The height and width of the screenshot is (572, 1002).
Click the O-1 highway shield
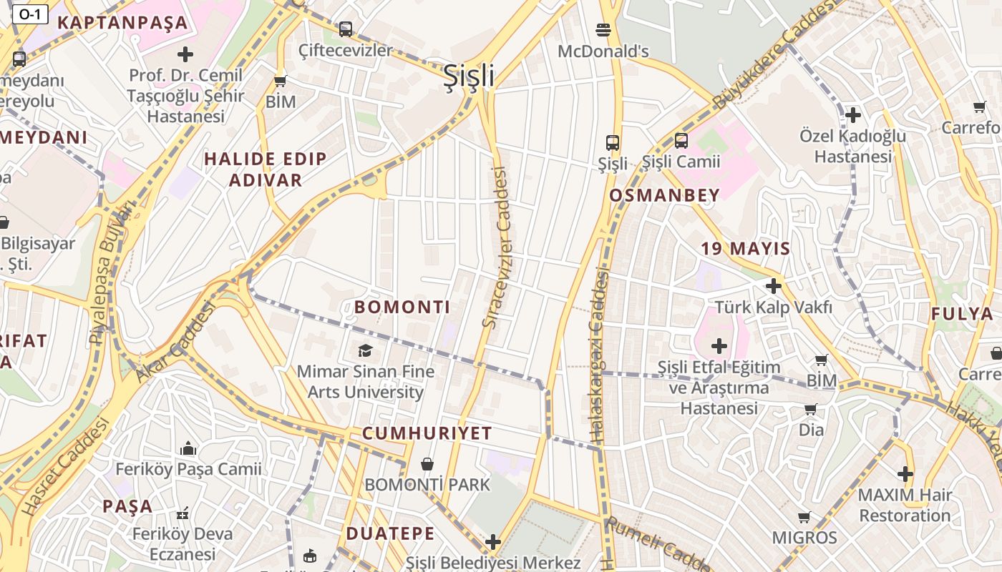(30, 14)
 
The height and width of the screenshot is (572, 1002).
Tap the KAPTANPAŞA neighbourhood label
(122, 23)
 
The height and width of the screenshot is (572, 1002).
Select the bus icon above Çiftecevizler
(346, 29)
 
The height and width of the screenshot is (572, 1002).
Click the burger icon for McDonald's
(603, 30)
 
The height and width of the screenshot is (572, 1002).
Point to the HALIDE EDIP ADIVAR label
(266, 169)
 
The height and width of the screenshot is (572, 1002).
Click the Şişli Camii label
(681, 162)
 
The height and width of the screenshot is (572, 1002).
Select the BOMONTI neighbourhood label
(402, 307)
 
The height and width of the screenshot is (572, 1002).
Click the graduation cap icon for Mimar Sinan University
(366, 350)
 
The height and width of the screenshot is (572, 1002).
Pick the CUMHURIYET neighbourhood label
(427, 433)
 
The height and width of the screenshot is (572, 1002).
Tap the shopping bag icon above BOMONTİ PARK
(427, 465)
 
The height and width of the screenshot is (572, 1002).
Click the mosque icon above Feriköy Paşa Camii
(188, 448)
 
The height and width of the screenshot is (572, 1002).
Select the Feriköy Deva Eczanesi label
(183, 544)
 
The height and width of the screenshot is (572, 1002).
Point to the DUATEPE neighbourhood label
(390, 533)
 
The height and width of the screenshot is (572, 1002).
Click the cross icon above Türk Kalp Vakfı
(774, 286)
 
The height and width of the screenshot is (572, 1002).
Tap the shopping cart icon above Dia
(810, 410)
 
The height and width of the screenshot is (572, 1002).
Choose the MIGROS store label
(804, 538)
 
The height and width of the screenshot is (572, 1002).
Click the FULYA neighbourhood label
(962, 314)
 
